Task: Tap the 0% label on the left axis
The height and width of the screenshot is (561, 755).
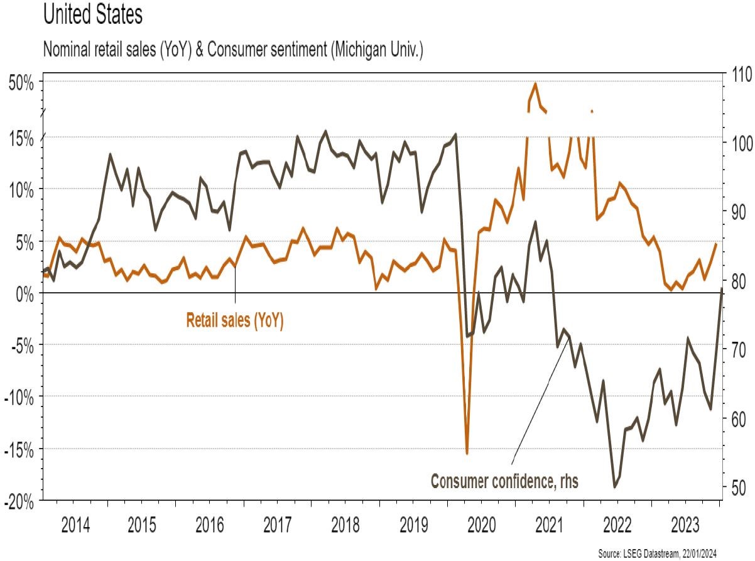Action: (x=25, y=293)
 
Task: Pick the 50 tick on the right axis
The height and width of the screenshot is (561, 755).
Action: (x=736, y=487)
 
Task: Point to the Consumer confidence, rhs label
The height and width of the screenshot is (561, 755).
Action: (x=504, y=482)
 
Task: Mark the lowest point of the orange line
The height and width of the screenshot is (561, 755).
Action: (x=467, y=453)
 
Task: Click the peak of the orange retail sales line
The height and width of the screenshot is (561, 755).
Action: (x=535, y=84)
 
